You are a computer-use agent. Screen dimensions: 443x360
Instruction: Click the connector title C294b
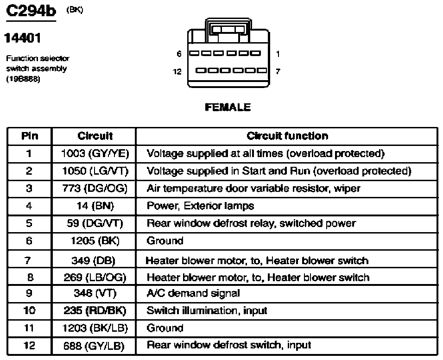coord(31,11)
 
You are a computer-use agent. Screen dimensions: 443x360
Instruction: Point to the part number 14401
coord(23,38)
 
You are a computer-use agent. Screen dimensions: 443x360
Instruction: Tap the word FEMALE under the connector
coord(228,107)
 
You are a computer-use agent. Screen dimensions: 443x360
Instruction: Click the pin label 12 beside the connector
coord(177,71)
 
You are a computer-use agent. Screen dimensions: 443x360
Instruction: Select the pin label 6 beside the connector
coord(179,53)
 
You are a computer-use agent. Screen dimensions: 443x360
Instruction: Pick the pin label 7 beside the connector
coord(278,71)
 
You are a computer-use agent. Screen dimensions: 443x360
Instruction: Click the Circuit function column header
coord(288,136)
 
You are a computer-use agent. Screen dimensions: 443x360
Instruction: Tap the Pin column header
coord(30,136)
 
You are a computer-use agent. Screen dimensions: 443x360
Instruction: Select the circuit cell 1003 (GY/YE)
coord(95,153)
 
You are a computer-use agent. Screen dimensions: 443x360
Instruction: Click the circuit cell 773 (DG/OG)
coord(95,189)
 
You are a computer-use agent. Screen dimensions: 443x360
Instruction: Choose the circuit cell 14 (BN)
coord(95,206)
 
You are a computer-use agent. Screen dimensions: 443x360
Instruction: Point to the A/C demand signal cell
coord(193,293)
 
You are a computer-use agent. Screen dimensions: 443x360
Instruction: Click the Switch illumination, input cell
coord(207,310)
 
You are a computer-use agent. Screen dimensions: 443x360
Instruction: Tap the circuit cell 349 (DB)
coord(94,260)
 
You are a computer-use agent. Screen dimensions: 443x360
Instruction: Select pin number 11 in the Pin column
coord(29,328)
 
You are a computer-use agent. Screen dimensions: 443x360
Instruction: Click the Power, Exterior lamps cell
coord(200,206)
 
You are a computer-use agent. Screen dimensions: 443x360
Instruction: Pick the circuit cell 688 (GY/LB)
coord(94,346)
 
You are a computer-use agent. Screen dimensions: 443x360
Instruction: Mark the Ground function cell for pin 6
coord(165,241)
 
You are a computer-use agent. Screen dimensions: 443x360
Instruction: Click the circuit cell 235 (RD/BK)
coord(95,310)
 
